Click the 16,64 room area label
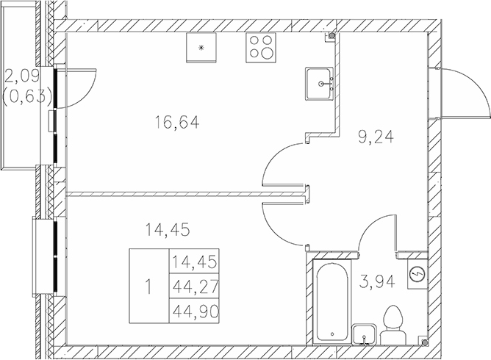pyautogui.click(x=178, y=123)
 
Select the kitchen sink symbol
pyautogui.click(x=322, y=83)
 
